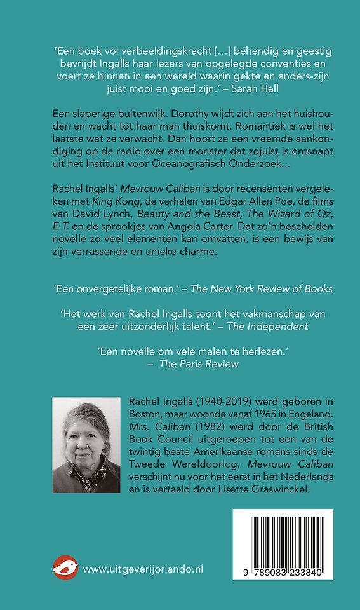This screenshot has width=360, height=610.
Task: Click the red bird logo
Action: tap(66, 568)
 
